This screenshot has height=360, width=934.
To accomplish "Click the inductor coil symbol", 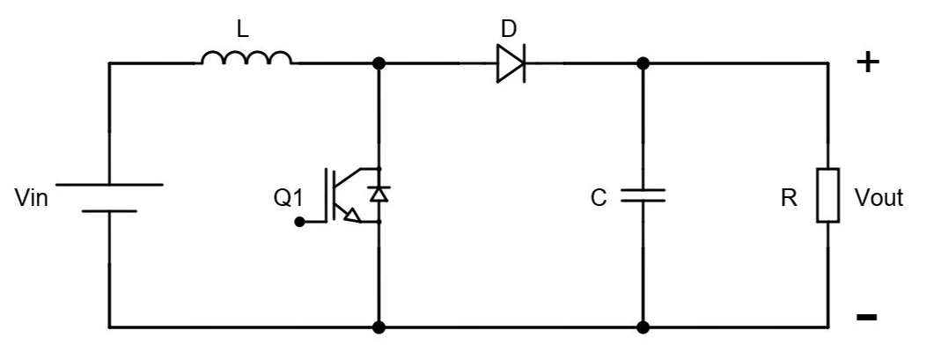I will click(246, 59).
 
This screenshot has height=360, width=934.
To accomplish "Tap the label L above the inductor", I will click(243, 29).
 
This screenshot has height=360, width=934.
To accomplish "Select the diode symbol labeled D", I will click(511, 63).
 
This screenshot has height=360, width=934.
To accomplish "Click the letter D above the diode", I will click(509, 29).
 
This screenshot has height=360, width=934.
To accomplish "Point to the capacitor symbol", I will click(643, 195).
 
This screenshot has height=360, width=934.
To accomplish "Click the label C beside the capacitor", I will click(599, 199).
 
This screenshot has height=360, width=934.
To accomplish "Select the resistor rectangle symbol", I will click(827, 195).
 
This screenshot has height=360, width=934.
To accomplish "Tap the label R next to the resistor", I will click(789, 199).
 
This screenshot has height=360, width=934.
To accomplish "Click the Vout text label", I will click(879, 199).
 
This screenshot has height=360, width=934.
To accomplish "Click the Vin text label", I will click(32, 199).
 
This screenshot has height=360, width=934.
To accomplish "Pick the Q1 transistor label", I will click(288, 199).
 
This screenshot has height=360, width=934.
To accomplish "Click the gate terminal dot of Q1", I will click(299, 223).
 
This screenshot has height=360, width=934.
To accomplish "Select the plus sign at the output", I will click(867, 62).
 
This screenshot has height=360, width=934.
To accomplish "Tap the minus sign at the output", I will click(866, 317).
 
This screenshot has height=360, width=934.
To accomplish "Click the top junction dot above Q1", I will click(379, 63).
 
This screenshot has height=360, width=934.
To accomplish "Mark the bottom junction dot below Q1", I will click(379, 327).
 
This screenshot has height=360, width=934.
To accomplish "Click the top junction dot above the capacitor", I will click(643, 63).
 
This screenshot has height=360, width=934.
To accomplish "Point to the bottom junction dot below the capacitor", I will click(643, 327).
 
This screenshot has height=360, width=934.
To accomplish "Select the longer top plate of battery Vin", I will click(110, 185).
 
